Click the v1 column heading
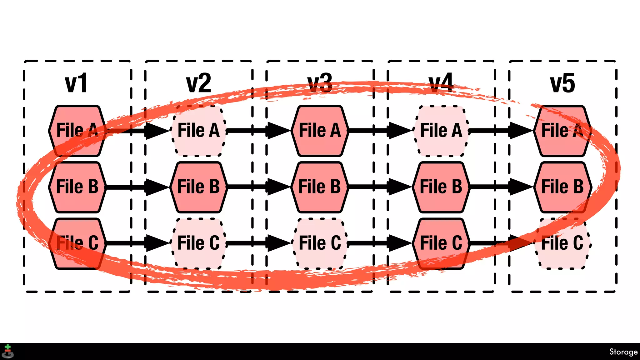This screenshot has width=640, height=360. [76, 83]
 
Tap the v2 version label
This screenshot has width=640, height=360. [198, 83]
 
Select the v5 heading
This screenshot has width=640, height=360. [562, 83]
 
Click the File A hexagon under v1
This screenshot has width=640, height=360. [77, 131]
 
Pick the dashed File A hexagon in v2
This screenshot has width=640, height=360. [198, 131]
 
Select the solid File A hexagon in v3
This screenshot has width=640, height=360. [320, 131]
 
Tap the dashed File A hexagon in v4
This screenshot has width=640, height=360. [441, 131]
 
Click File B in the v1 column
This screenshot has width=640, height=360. [77, 187]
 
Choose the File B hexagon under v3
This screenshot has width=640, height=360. [320, 187]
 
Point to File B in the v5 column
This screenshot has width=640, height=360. [562, 187]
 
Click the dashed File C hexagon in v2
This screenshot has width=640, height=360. [198, 243]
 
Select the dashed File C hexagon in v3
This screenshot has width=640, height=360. [320, 243]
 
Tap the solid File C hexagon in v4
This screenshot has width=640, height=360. [441, 243]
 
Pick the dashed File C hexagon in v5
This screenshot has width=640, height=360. [562, 243]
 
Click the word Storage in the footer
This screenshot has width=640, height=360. [623, 352]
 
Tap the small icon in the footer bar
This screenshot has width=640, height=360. [7, 352]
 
